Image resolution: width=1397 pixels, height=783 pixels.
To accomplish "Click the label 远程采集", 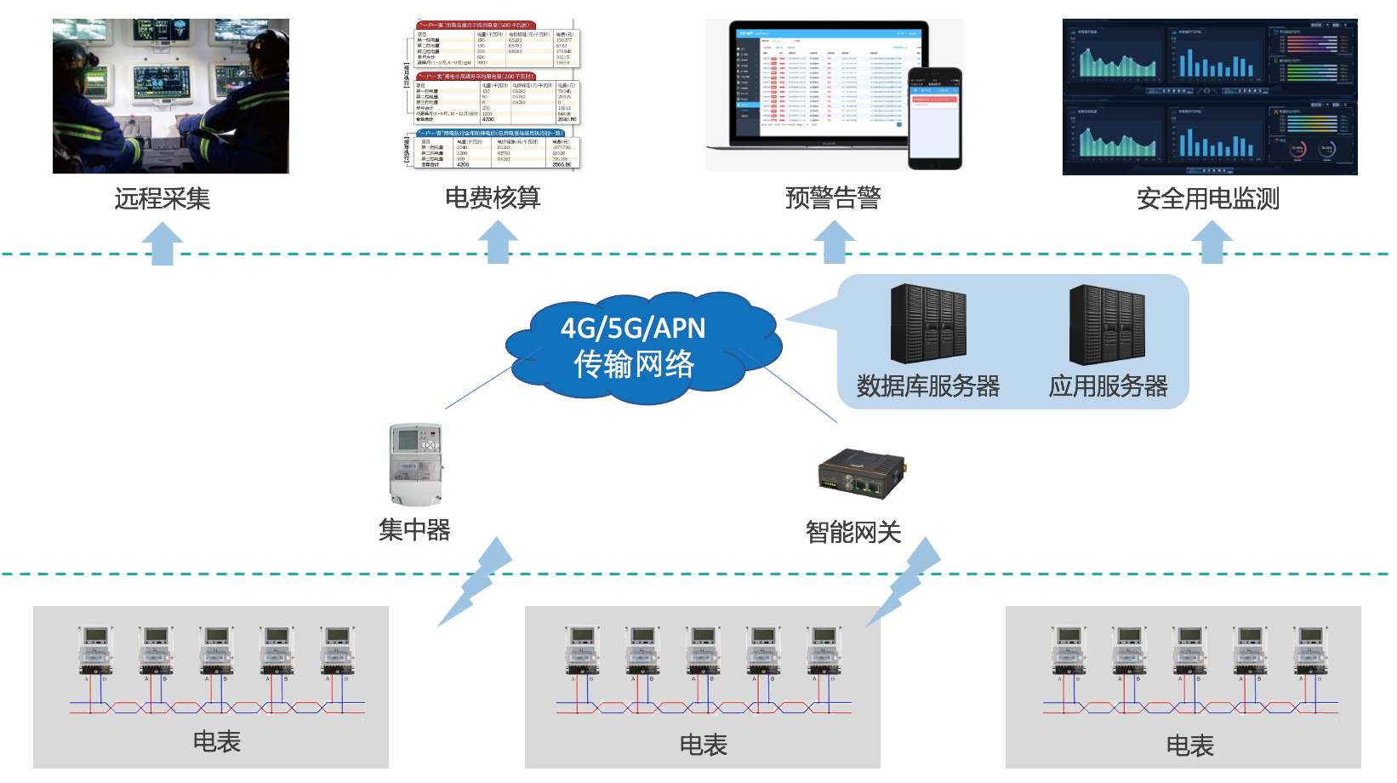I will (x=162, y=198).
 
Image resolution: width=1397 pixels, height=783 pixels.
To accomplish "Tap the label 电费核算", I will (x=493, y=197).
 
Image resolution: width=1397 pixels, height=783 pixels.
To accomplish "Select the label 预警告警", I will (x=833, y=197).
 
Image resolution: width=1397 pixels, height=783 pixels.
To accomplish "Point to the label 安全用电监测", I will (x=1208, y=198).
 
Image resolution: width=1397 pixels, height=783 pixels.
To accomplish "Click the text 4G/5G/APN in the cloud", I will (x=633, y=328).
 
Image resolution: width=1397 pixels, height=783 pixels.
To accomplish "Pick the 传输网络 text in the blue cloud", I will (x=634, y=364).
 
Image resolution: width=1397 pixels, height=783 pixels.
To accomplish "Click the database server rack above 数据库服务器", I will (x=928, y=324).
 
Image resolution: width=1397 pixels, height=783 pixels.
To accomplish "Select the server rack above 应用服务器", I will (x=1107, y=324).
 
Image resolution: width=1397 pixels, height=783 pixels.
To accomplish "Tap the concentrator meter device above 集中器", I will (x=417, y=465).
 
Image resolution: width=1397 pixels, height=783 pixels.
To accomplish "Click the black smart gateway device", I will (x=862, y=474).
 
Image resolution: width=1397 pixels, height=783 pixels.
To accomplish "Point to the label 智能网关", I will (x=852, y=532).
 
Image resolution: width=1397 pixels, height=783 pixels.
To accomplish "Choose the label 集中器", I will (x=414, y=529).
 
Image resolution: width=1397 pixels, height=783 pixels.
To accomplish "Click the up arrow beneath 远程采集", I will (x=162, y=243).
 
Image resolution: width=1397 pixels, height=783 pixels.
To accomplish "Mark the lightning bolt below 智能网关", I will (x=907, y=582).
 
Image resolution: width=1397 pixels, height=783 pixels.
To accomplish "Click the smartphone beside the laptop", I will (x=935, y=118).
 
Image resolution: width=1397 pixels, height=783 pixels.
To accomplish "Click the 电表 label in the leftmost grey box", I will (x=217, y=741).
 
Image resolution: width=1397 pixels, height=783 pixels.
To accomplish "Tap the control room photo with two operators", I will (x=171, y=96).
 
